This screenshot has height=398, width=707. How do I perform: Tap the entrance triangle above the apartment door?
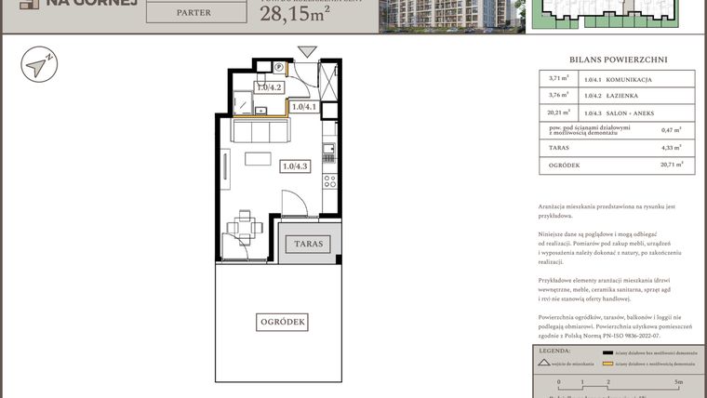click(307, 52)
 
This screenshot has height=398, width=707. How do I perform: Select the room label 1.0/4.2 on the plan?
click(269, 88)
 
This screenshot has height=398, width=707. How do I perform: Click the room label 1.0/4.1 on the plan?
click(304, 107)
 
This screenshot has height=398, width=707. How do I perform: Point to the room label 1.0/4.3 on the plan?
click(295, 166)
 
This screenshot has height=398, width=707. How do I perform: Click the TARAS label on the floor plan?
click(308, 244)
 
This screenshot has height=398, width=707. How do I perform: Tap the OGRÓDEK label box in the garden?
click(282, 322)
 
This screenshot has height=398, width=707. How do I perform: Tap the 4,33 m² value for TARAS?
click(671, 148)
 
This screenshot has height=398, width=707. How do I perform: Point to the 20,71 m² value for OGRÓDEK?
click(671, 166)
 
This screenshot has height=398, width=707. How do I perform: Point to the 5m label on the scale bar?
click(679, 382)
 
